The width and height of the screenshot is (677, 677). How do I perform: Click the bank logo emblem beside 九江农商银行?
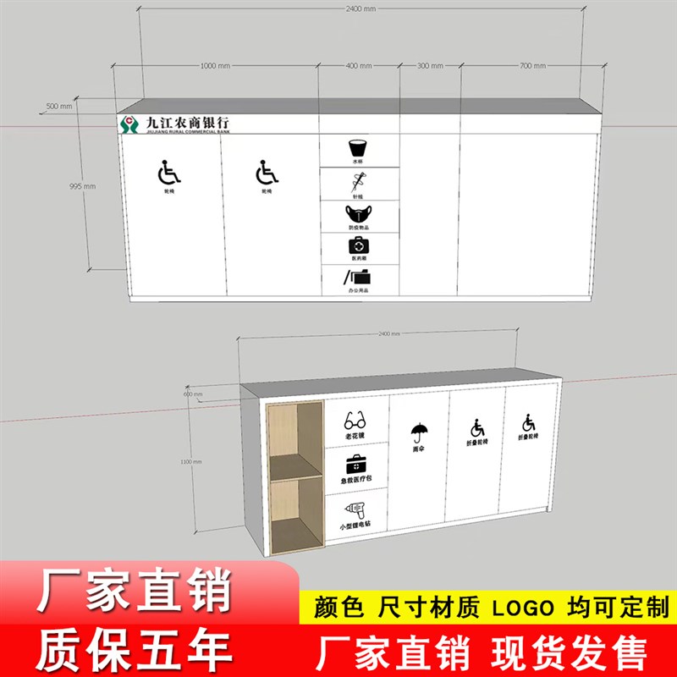(129, 124)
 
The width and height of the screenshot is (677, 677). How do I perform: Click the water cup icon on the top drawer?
(359, 146)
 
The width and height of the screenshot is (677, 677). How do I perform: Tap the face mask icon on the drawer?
(359, 212)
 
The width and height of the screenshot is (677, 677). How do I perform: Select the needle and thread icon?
(359, 180)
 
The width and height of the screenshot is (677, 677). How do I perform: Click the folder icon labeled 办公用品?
(359, 276)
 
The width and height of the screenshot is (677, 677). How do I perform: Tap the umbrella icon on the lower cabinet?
(417, 433)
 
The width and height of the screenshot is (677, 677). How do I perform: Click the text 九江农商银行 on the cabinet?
(187, 122)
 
